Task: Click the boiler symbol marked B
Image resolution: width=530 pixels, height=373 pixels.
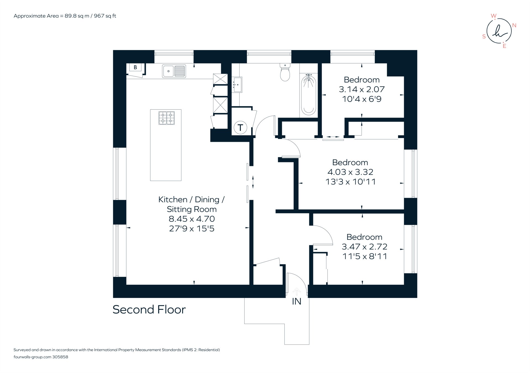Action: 135,67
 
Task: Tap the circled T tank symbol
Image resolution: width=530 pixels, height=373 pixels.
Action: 240,128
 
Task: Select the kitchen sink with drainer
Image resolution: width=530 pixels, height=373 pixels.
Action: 174,71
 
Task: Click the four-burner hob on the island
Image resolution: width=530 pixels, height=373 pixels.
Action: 166,118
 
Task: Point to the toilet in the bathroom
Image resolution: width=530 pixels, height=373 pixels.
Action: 285,73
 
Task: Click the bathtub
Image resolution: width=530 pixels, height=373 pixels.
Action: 308,95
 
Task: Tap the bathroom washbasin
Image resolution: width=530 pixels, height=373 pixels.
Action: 237,84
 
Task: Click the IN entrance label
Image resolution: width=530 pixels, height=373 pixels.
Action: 296,301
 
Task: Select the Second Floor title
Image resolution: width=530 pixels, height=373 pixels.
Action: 149,309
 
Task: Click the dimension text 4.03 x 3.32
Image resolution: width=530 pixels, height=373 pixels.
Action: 350,172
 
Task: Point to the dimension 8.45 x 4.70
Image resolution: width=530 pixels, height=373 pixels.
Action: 192,219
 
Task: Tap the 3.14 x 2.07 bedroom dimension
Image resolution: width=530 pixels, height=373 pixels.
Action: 362,89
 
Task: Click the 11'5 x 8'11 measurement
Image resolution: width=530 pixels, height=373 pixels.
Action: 365,256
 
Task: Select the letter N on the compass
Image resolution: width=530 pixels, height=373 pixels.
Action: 514,25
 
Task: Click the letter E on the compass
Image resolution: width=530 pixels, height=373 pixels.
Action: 504,46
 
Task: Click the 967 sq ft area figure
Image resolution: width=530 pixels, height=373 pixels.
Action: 105,16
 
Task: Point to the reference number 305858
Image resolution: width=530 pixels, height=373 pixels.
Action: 60,357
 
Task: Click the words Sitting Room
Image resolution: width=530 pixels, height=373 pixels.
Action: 192,209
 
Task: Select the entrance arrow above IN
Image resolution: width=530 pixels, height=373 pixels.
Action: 296,292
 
